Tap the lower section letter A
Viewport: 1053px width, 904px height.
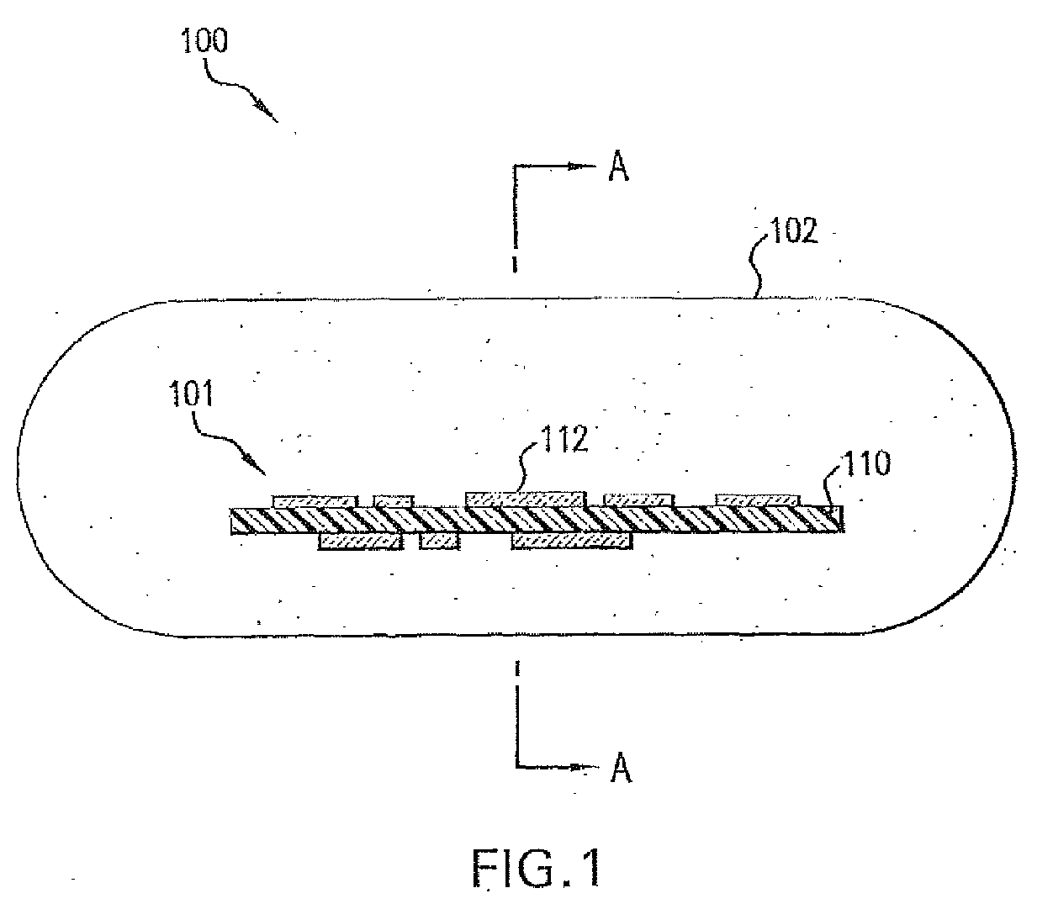[621, 768]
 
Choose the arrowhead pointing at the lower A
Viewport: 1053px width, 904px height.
[578, 767]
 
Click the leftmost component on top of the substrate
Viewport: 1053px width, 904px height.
[315, 501]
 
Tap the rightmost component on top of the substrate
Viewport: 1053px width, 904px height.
[758, 500]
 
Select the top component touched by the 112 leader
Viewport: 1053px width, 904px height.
[524, 499]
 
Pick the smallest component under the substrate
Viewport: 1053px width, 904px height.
[439, 541]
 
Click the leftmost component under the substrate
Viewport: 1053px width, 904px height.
[360, 542]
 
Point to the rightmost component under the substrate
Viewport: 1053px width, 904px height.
[572, 541]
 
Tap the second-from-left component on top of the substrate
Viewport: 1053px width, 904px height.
[394, 502]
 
